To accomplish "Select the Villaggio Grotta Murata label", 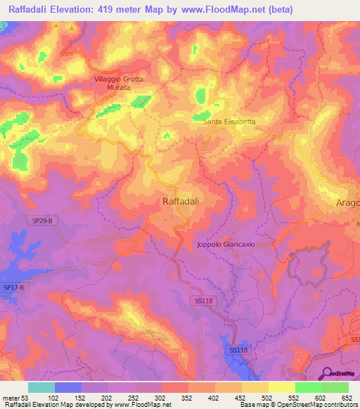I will pyautogui.click(x=119, y=84).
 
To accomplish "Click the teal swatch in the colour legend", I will pyautogui.click(x=41, y=387).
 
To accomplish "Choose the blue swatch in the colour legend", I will pyautogui.click(x=68, y=387).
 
